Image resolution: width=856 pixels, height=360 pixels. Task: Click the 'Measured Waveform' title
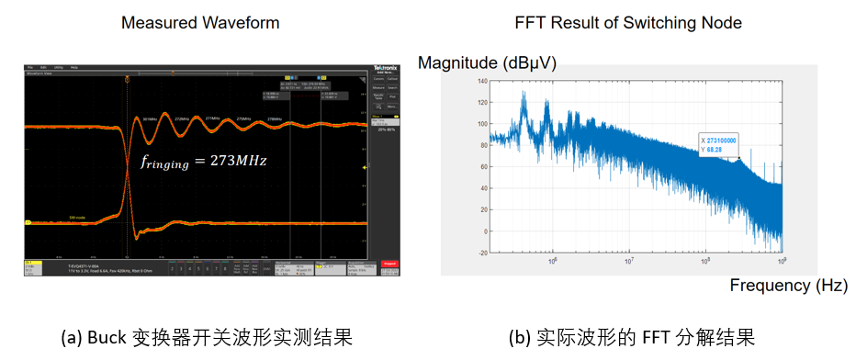[x=200, y=22]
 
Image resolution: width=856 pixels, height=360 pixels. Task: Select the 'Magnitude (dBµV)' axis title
[x=488, y=62]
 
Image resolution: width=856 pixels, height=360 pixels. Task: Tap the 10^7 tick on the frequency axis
[x=628, y=262]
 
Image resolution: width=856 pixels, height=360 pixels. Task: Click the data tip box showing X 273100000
[x=719, y=145]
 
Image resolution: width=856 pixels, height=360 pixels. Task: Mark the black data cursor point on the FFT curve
[x=738, y=159]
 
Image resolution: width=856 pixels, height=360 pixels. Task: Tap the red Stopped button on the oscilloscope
[x=389, y=264]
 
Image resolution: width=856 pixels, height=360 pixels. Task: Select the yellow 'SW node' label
[x=51, y=219]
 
